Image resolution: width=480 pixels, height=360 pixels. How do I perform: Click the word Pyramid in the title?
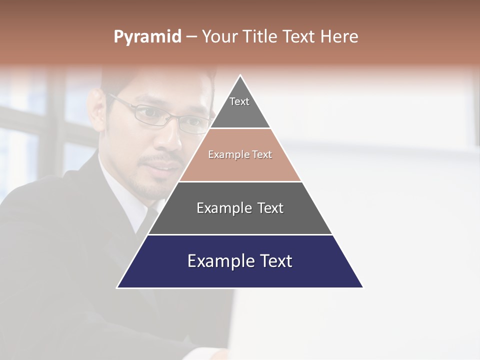click(x=147, y=37)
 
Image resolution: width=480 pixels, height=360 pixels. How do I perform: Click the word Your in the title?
click(x=220, y=36)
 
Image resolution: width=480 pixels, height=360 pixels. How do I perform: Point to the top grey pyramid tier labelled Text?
click(x=240, y=107)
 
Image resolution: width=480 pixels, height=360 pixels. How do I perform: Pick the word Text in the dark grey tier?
click(x=270, y=208)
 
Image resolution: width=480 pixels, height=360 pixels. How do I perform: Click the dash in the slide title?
click(x=191, y=37)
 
